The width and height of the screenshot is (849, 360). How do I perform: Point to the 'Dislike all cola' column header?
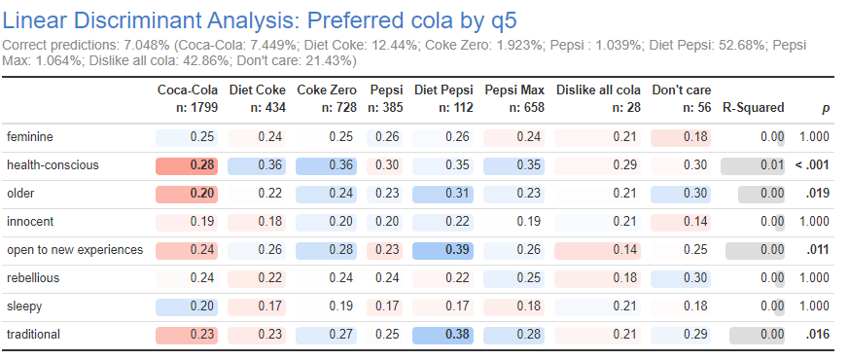[598, 90]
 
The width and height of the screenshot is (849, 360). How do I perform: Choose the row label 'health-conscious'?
[53, 164]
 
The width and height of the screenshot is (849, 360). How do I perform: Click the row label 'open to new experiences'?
[74, 249]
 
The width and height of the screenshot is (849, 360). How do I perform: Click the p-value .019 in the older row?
[816, 193]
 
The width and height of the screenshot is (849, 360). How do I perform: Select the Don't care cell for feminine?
[681, 136]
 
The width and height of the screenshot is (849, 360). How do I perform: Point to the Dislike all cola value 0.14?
[598, 249]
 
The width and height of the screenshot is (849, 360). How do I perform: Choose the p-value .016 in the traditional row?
[816, 334]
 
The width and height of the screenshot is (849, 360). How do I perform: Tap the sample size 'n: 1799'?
[193, 108]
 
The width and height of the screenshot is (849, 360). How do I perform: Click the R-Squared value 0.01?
[754, 164]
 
